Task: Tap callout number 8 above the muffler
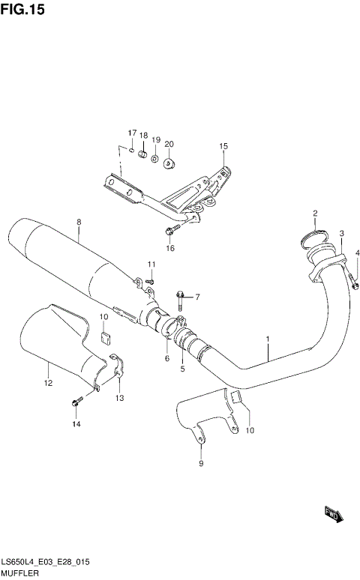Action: coord(78,222)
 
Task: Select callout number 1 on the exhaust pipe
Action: coord(266,339)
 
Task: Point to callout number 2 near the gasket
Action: coord(316,214)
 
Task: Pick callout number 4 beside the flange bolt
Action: coord(358,252)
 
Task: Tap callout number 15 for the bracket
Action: coord(223,145)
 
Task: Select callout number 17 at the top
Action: coord(131,133)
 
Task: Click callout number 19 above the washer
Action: coord(156,140)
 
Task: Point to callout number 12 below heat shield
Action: coord(47,384)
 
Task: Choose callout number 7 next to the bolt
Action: coord(198,297)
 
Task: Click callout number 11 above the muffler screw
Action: coord(151,265)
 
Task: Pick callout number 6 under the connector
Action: coord(166,359)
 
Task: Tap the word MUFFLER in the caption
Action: coord(18,573)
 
